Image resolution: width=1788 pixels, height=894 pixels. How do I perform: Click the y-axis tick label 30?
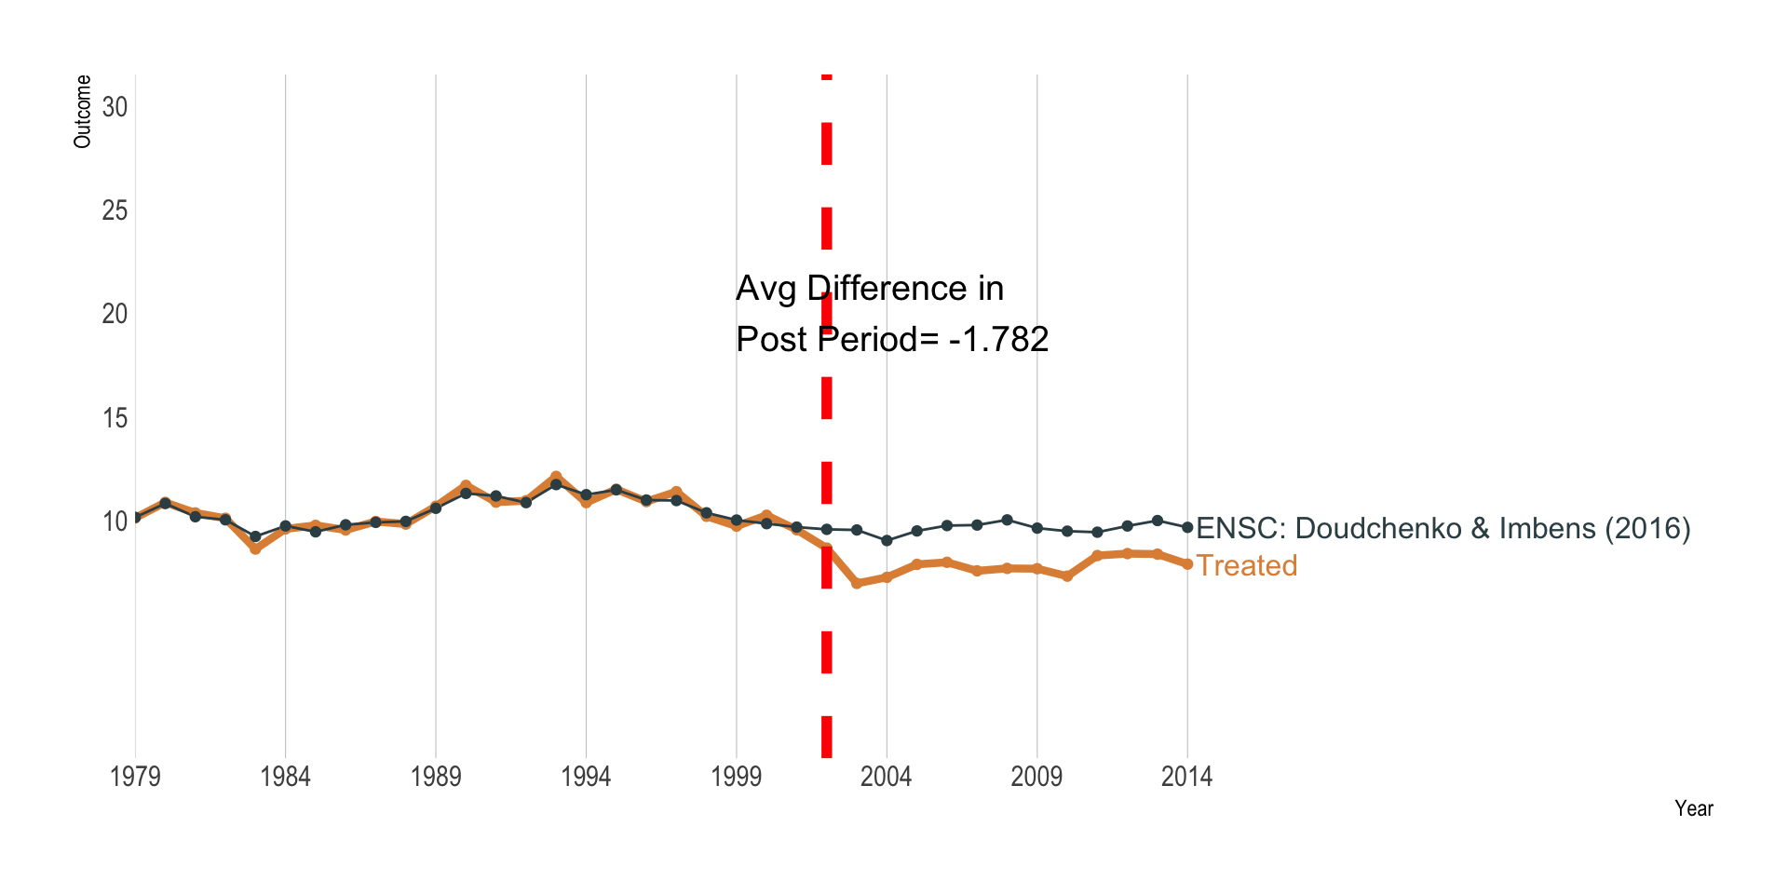[115, 107]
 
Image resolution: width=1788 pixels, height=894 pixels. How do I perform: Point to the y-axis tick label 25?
[115, 210]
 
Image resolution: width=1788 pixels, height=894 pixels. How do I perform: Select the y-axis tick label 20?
[115, 314]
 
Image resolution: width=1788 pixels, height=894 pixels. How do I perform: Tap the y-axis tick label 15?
[115, 418]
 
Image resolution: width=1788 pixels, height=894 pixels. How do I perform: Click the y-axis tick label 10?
[115, 521]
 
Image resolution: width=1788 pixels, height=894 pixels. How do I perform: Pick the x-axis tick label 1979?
[135, 777]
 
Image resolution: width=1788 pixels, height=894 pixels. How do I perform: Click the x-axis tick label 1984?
[285, 777]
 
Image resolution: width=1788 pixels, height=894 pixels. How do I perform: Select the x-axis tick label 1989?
[436, 777]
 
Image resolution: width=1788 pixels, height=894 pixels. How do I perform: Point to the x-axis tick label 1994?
[586, 777]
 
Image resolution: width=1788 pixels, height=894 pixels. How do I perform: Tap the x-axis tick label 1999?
[737, 777]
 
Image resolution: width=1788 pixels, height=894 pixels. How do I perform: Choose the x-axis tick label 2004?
[887, 777]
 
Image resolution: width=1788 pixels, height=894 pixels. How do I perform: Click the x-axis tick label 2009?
[1036, 777]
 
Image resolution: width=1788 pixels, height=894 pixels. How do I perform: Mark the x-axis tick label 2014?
[1187, 777]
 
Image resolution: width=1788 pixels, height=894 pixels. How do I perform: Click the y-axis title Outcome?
[83, 112]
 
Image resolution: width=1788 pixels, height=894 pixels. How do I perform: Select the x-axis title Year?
[1693, 808]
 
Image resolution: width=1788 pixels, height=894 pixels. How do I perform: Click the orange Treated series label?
[1246, 565]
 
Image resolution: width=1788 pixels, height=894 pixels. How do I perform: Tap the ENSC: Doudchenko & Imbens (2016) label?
[1443, 528]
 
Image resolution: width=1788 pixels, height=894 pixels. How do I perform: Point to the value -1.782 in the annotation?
[998, 339]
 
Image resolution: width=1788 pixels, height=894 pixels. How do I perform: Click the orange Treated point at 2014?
[1187, 564]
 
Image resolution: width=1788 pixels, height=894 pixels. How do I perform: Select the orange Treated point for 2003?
[857, 583]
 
